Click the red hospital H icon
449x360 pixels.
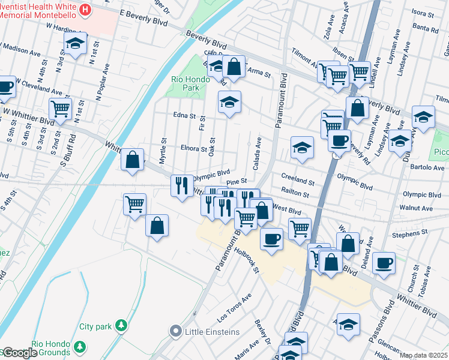[x=86, y=10]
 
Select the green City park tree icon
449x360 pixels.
[x=122, y=325]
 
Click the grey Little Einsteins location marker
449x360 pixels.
[x=175, y=331]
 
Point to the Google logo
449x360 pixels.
[x=19, y=353]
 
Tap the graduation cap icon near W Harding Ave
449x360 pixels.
[x=75, y=44]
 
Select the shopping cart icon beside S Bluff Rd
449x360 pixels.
[x=60, y=109]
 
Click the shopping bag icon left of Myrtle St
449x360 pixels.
[x=133, y=160]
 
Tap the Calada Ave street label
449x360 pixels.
[x=257, y=154]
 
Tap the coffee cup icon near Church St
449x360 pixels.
[x=384, y=262]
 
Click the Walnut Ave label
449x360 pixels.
[x=419, y=208]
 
